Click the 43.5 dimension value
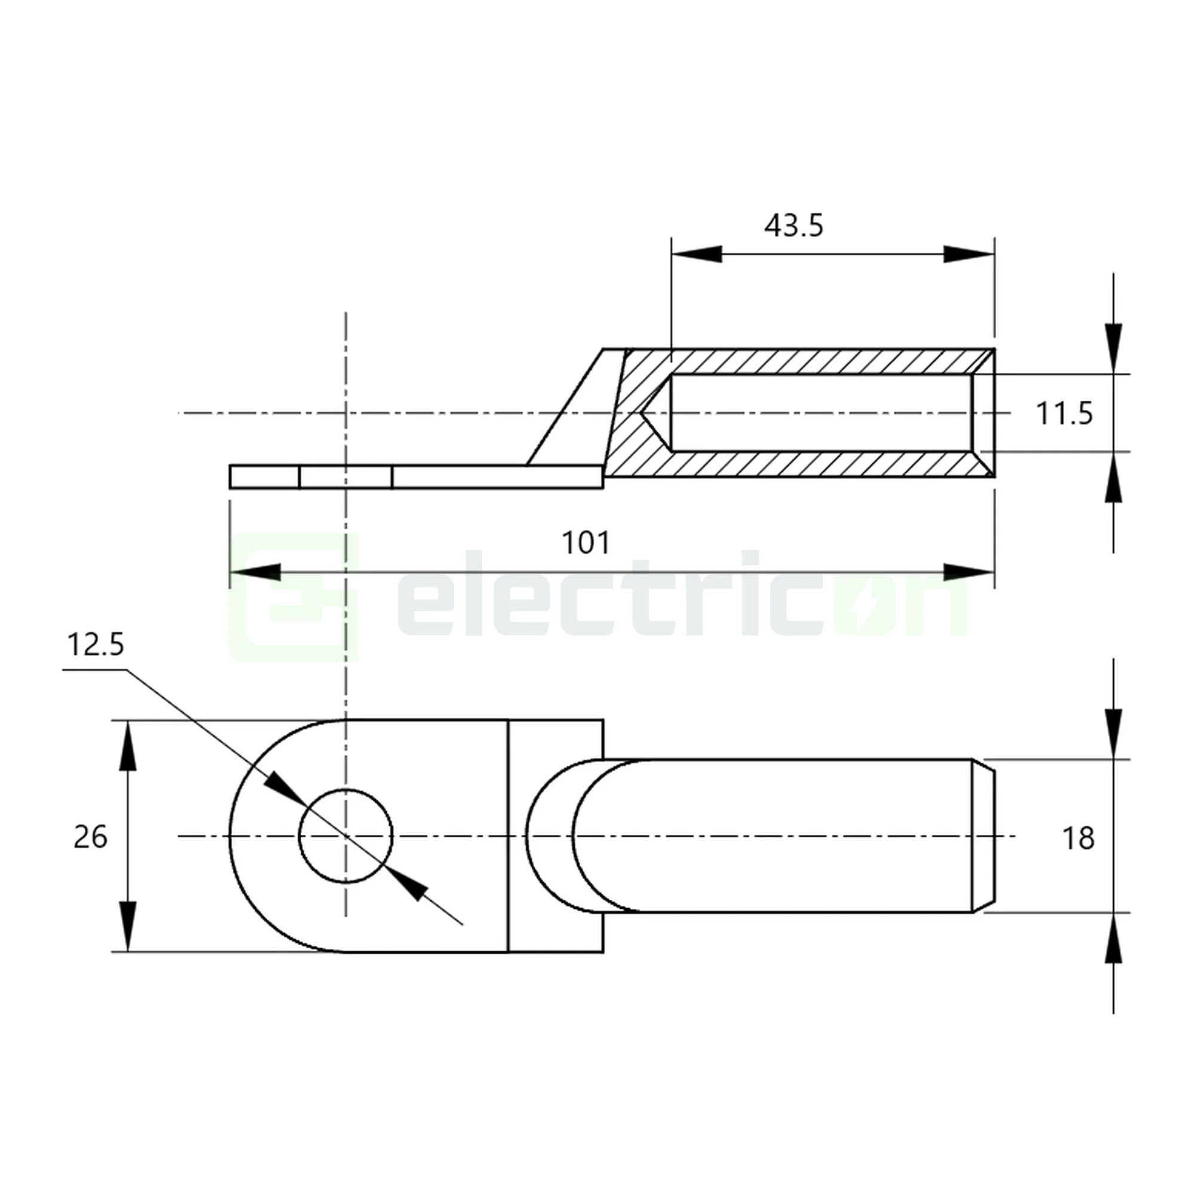(793, 226)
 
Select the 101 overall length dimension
(585, 543)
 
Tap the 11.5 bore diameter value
(1065, 413)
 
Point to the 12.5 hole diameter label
(95, 645)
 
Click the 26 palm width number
(90, 837)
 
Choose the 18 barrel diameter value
(1078, 838)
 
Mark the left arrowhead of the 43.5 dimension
(696, 253)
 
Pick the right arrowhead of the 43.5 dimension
(969, 253)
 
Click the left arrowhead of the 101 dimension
(255, 572)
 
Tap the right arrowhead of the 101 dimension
(969, 572)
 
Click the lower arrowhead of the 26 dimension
(127, 926)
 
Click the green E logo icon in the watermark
(293, 597)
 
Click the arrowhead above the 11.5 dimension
(1113, 348)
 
